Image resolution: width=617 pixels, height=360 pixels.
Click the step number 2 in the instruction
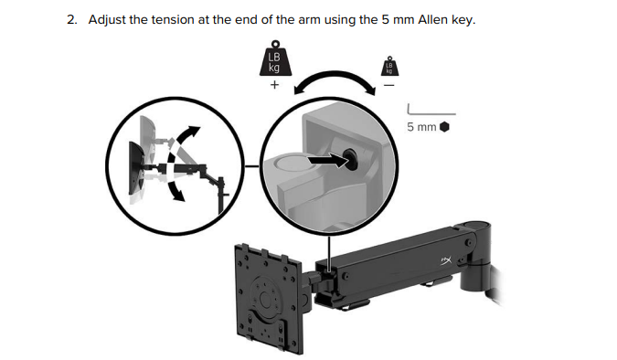(71, 20)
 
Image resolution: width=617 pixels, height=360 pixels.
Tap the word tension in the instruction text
(173, 20)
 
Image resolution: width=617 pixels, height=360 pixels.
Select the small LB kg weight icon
(389, 66)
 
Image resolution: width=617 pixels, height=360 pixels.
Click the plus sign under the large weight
(274, 85)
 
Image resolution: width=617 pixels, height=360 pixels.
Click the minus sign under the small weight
(389, 85)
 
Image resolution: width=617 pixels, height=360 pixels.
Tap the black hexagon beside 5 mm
(444, 127)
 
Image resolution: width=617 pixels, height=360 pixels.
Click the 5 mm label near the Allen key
(421, 127)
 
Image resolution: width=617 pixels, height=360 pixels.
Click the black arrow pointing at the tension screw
(326, 160)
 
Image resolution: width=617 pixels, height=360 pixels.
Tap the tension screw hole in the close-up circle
(350, 159)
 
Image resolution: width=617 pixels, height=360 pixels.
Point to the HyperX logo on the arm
(446, 260)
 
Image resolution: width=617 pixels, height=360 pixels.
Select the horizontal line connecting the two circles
(252, 166)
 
